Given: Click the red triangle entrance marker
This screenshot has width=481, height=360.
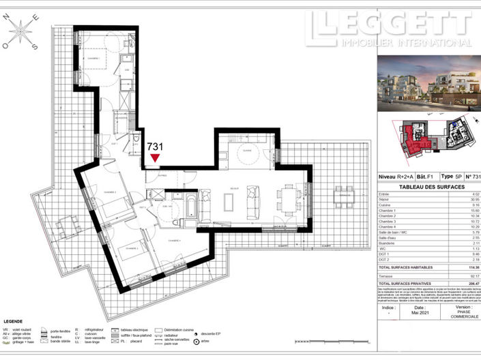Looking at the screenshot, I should (x=156, y=158).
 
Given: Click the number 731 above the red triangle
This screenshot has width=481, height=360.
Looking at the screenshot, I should (x=156, y=145).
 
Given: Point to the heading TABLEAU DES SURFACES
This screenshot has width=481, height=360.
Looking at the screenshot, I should (x=421, y=187).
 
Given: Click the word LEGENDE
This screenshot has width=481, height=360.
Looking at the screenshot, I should (x=14, y=320).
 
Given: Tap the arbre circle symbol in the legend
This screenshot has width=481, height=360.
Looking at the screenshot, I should (x=196, y=340).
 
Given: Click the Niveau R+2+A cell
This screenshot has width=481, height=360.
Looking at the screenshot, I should (x=395, y=176).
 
